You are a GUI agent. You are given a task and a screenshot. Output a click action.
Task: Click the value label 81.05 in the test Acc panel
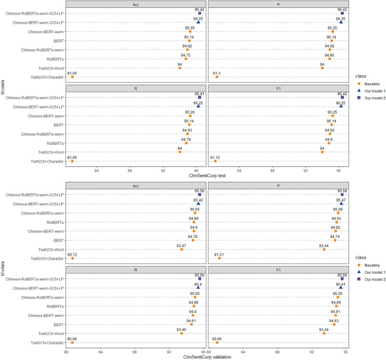[x=72, y=73]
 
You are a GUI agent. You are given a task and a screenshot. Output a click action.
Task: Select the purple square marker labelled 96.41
[x=199, y=98]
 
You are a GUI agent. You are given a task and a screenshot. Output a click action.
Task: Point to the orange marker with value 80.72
[x=73, y=258]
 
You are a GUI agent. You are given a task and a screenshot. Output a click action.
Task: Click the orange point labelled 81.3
[x=217, y=77]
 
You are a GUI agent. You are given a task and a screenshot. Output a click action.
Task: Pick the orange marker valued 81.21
[x=219, y=258]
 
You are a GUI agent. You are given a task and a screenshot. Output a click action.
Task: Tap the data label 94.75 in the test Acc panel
[x=186, y=55]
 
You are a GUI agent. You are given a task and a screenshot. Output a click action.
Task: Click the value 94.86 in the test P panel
[x=329, y=55]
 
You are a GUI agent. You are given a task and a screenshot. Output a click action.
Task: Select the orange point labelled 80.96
[x=217, y=342]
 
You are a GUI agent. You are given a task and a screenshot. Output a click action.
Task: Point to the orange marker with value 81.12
[x=215, y=161]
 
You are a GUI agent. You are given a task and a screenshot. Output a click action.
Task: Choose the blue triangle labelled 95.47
[x=341, y=204]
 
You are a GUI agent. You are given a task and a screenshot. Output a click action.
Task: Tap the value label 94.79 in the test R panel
[x=187, y=139]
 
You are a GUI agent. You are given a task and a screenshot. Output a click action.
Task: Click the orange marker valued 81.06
[x=72, y=161]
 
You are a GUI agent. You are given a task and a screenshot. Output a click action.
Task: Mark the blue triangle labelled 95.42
[x=198, y=204]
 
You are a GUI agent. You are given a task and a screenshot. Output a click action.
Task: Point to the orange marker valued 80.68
[x=72, y=342]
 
